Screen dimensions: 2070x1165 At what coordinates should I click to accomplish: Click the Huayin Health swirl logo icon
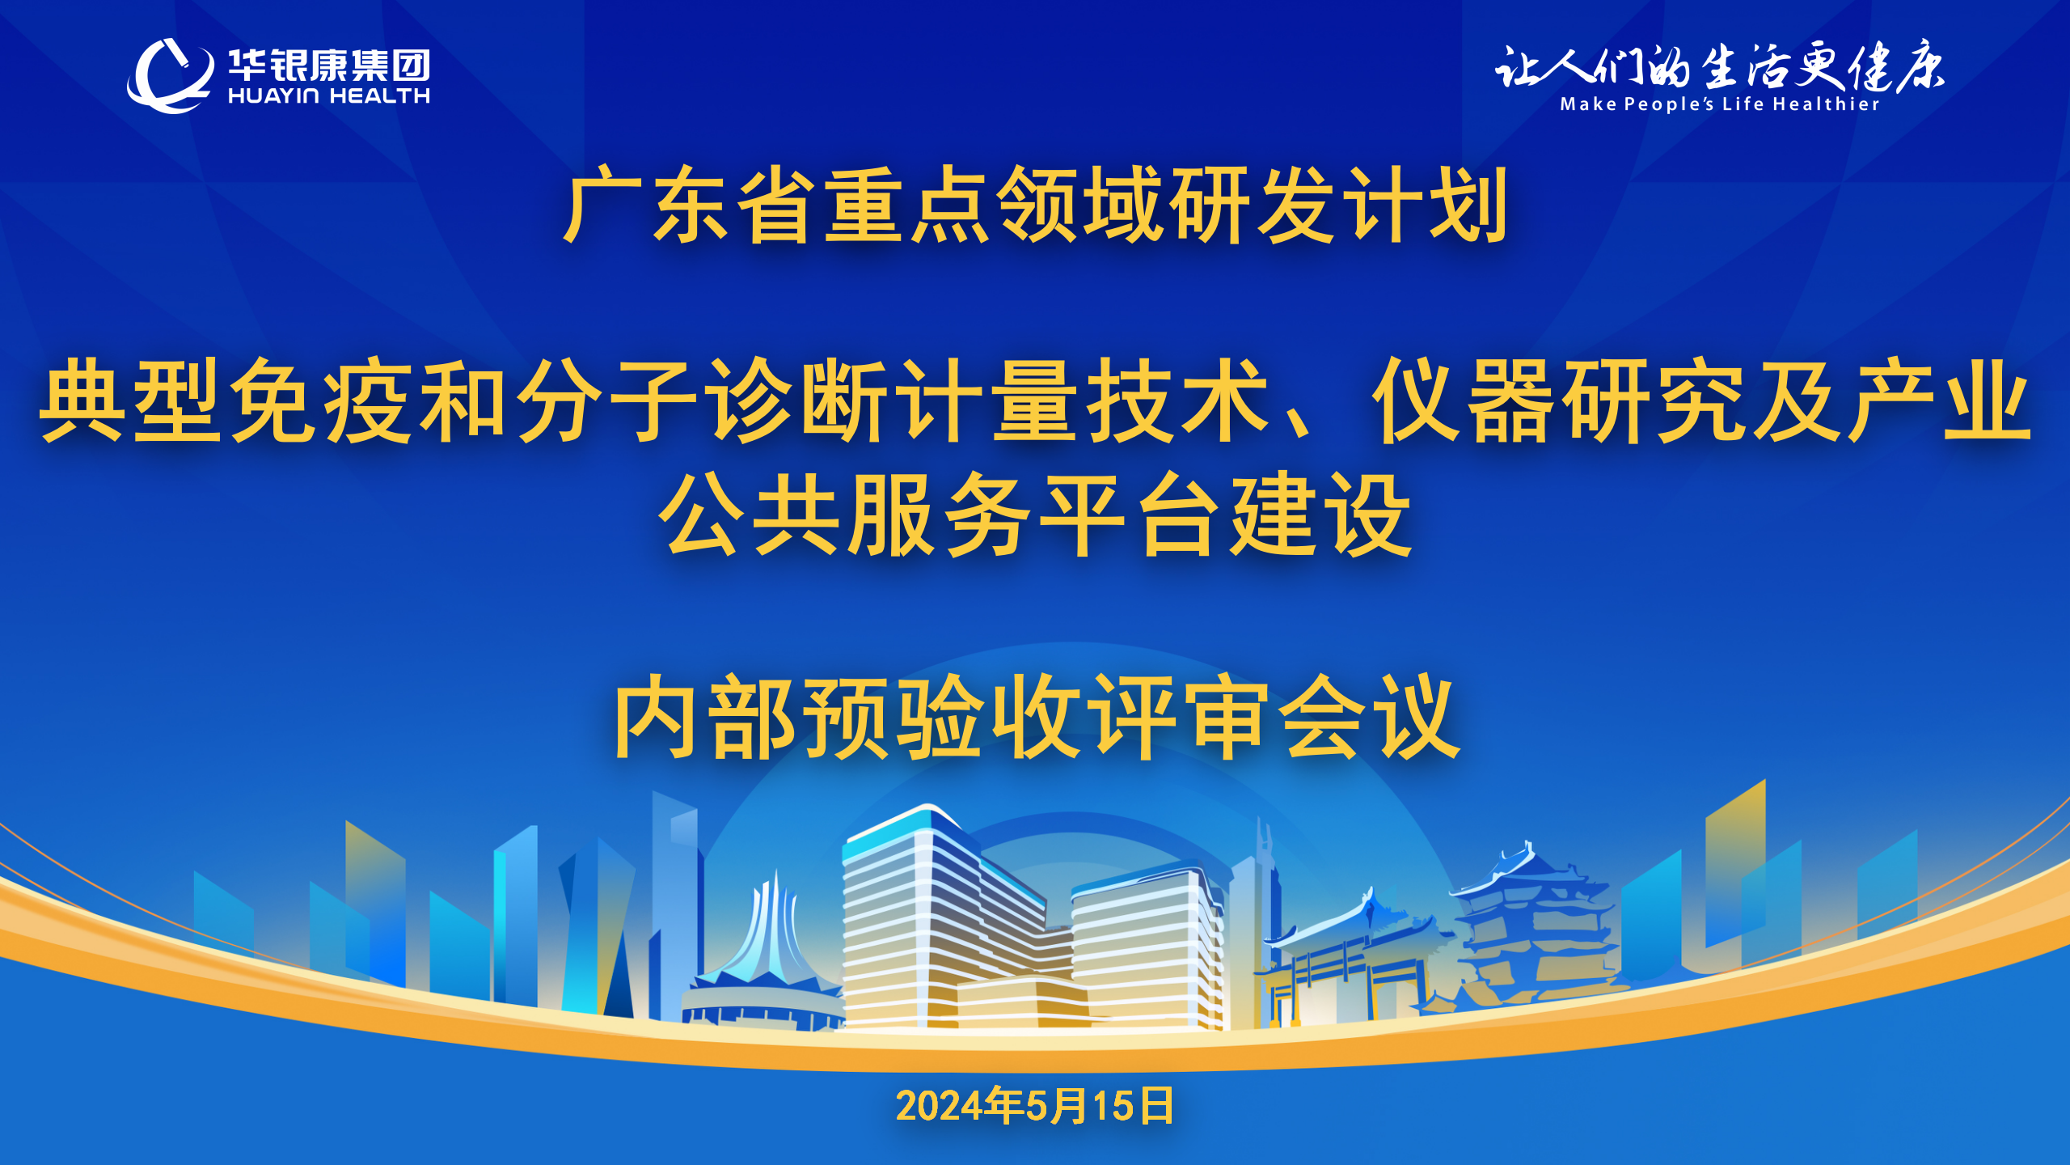point(170,76)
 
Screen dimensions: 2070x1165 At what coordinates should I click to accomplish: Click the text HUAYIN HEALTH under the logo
point(329,96)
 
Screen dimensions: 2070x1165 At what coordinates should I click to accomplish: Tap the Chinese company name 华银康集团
point(329,65)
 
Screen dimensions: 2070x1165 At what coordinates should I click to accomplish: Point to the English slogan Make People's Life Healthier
point(1719,104)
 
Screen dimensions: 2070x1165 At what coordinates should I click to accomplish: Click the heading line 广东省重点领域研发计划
point(1035,205)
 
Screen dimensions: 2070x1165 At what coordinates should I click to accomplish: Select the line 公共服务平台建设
point(1035,515)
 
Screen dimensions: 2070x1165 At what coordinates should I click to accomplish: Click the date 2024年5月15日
point(1035,1106)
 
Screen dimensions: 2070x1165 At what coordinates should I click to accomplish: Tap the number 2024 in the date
point(940,1107)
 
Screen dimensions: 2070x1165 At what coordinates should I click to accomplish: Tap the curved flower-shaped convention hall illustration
point(764,955)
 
